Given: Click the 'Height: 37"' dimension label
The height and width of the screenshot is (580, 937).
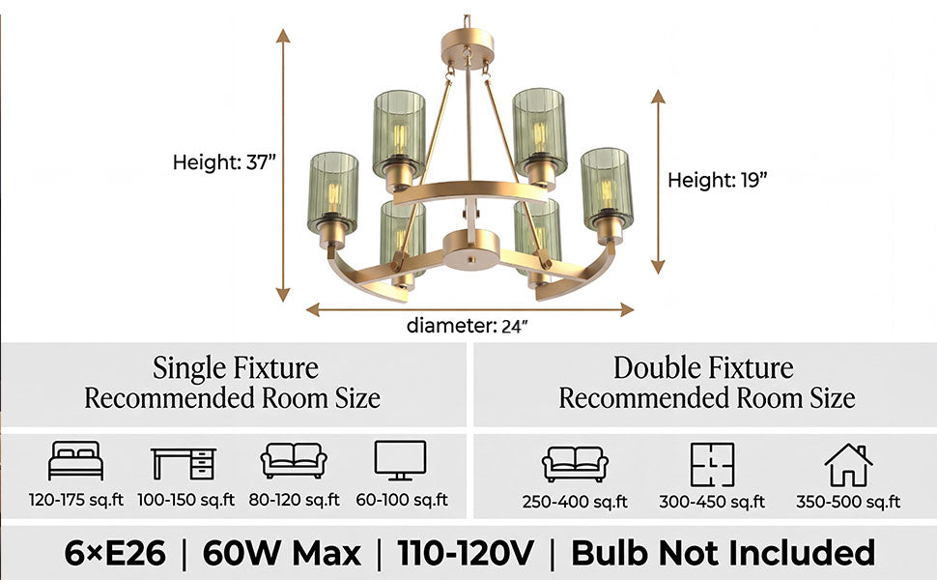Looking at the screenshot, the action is pyautogui.click(x=224, y=162).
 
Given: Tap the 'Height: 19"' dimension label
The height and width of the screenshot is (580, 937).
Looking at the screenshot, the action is pyautogui.click(x=717, y=180).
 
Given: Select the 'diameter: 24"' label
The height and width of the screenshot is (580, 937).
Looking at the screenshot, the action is pyautogui.click(x=468, y=325).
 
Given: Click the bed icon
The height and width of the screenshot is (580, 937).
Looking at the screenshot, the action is pyautogui.click(x=75, y=460).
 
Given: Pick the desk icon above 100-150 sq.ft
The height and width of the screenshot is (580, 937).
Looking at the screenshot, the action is pyautogui.click(x=184, y=463).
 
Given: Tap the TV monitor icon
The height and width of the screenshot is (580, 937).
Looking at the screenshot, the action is pyautogui.click(x=400, y=460).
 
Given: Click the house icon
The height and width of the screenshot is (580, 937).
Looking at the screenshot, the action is pyautogui.click(x=848, y=465).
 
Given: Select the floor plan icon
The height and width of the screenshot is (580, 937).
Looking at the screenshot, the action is pyautogui.click(x=712, y=465).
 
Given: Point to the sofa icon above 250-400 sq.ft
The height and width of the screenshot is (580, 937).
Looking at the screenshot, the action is pyautogui.click(x=575, y=464).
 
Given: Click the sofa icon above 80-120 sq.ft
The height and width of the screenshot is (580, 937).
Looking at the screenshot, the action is pyautogui.click(x=294, y=460).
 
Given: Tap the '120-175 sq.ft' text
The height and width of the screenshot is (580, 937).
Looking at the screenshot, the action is pyautogui.click(x=76, y=500).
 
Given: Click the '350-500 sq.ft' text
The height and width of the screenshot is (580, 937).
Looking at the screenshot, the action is pyautogui.click(x=848, y=502).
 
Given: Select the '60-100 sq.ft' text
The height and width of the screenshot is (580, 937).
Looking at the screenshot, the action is pyautogui.click(x=402, y=500).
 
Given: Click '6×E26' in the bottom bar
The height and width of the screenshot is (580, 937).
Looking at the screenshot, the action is pyautogui.click(x=115, y=553).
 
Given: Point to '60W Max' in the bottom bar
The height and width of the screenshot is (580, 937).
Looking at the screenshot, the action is pyautogui.click(x=281, y=553).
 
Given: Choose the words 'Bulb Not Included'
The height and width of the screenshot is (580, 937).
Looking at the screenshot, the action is pyautogui.click(x=724, y=553).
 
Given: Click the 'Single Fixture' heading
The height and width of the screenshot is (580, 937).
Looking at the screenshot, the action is pyautogui.click(x=236, y=367).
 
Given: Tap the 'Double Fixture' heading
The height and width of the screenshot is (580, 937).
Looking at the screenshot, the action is pyautogui.click(x=703, y=367).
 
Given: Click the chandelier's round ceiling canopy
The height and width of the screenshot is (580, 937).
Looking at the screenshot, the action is pyautogui.click(x=468, y=44).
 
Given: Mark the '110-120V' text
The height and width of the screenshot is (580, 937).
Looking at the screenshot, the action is pyautogui.click(x=466, y=553).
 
